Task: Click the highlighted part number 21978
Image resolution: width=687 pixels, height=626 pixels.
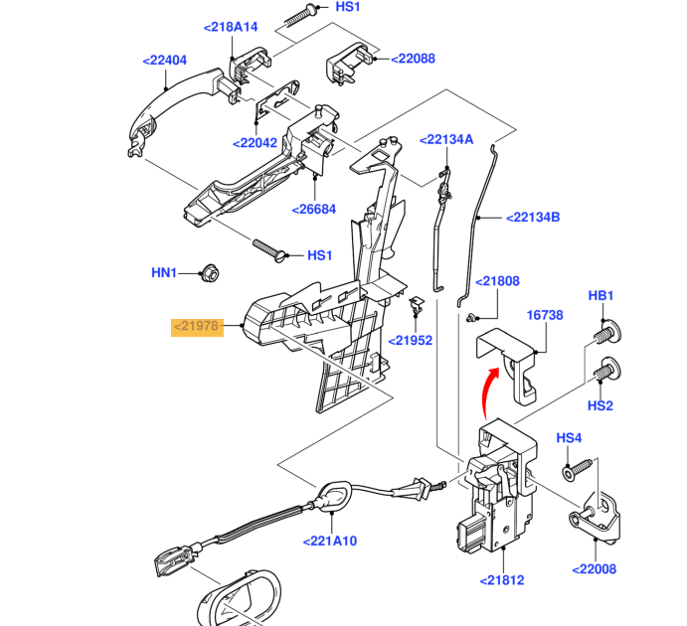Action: pyautogui.click(x=196, y=326)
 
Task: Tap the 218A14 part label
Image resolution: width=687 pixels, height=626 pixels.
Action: pyautogui.click(x=231, y=28)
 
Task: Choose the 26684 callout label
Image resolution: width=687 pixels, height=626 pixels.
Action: pyautogui.click(x=314, y=210)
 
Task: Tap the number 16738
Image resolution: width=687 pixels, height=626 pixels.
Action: pyautogui.click(x=545, y=315)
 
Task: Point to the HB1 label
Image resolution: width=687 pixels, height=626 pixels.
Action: pyautogui.click(x=601, y=295)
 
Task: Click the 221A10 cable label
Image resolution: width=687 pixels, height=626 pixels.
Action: pyautogui.click(x=330, y=542)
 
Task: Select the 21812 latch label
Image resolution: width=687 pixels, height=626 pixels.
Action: pyautogui.click(x=501, y=580)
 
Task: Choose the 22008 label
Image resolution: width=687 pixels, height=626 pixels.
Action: pyautogui.click(x=595, y=569)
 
